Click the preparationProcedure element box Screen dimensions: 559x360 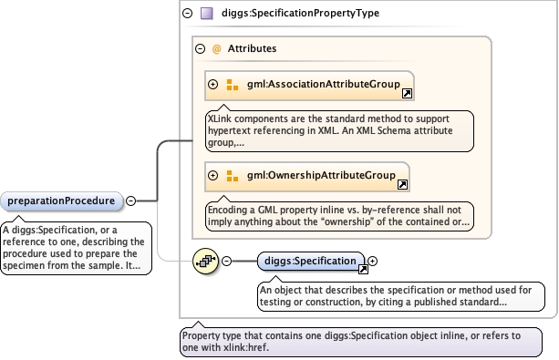click(x=62, y=201)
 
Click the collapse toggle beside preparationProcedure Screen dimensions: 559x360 click(x=130, y=201)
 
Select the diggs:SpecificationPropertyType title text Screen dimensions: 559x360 click(x=300, y=13)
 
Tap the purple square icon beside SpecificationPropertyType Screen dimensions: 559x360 click(x=207, y=14)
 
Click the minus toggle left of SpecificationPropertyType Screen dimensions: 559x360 click(x=188, y=14)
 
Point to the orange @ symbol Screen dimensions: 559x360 click(x=216, y=49)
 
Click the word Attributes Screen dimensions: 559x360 click(x=252, y=48)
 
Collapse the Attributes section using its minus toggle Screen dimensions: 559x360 click(x=201, y=49)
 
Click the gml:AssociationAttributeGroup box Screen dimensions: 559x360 click(x=309, y=86)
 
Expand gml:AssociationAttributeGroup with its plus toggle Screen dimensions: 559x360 click(x=212, y=85)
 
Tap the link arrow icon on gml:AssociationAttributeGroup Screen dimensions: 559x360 click(x=407, y=93)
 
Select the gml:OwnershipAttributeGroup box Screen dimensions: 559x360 click(x=307, y=177)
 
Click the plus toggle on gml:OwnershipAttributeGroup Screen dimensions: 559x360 click(x=212, y=175)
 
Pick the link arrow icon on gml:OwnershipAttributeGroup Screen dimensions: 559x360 click(x=402, y=185)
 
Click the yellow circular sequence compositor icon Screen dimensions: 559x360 click(x=205, y=262)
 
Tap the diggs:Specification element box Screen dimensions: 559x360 click(x=311, y=262)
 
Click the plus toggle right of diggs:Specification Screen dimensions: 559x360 click(x=372, y=262)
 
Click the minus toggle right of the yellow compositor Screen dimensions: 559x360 click(x=226, y=262)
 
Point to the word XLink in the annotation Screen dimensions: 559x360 click(x=220, y=118)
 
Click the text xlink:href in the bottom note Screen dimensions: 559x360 click(x=245, y=347)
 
